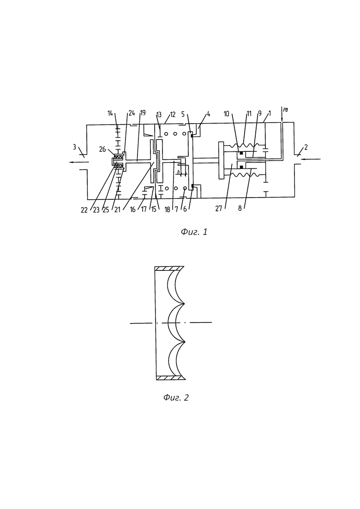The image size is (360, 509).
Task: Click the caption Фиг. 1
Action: tap(194, 232)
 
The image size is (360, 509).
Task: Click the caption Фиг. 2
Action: tap(176, 398)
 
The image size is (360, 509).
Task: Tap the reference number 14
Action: tap(111, 114)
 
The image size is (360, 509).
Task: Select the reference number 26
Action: tap(102, 150)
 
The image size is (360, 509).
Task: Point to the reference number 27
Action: tap(219, 208)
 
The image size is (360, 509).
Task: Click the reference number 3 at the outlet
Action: tap(74, 147)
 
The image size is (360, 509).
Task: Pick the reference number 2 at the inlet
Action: tap(306, 147)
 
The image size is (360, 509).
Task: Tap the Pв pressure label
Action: tap(285, 110)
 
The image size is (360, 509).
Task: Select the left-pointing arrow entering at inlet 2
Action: tap(311, 159)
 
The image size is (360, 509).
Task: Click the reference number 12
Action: tap(173, 114)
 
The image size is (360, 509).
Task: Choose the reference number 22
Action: tap(84, 210)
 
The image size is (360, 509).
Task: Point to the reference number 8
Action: tap(240, 209)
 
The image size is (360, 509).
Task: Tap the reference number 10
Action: tap(227, 114)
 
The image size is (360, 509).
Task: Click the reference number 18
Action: tap(167, 210)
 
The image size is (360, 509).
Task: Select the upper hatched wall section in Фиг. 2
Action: tap(169, 269)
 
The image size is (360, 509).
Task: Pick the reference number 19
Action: tap(143, 113)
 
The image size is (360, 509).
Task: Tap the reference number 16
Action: tap(132, 210)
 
